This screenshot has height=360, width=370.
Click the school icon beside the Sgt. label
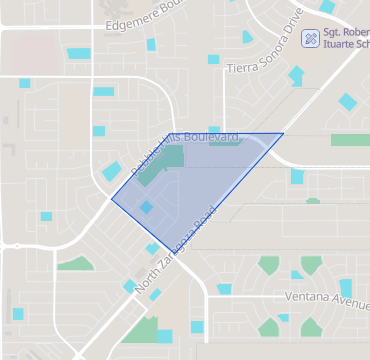[x=311, y=37]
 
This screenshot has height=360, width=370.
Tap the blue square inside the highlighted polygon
[x=146, y=207]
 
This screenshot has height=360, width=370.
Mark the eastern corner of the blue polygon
[x=283, y=133]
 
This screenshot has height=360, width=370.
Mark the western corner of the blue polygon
[x=110, y=197]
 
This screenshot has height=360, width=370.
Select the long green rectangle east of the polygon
[x=350, y=140]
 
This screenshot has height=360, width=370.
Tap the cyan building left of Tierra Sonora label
[x=213, y=60]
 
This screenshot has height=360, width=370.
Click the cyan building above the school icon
[x=326, y=6]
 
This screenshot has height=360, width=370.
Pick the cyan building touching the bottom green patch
[x=165, y=336]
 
